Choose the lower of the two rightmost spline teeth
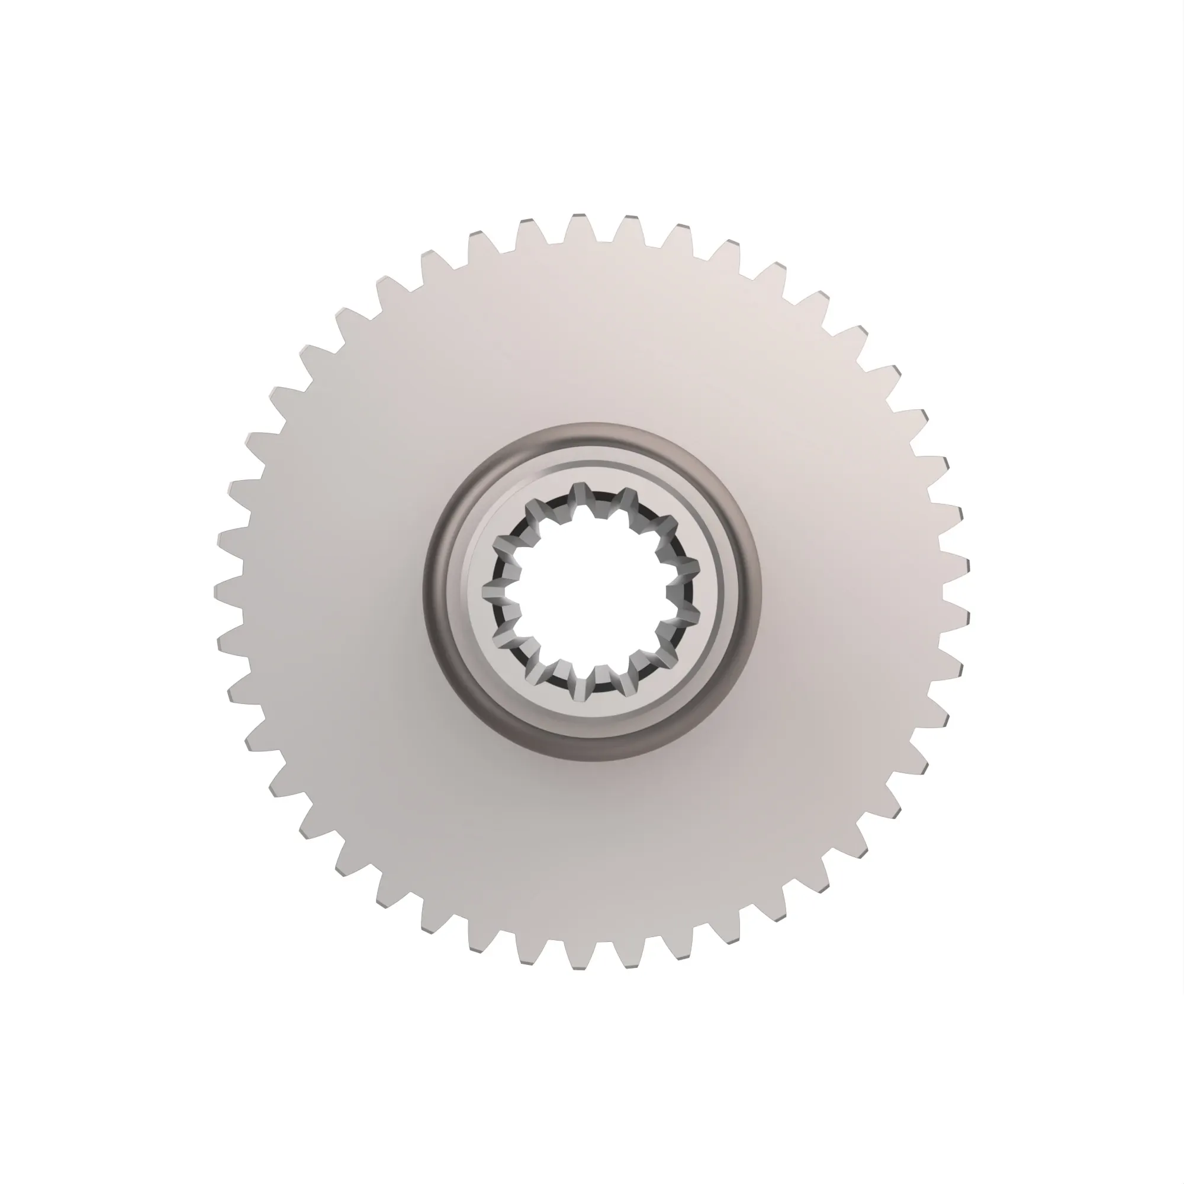click(x=689, y=616)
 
